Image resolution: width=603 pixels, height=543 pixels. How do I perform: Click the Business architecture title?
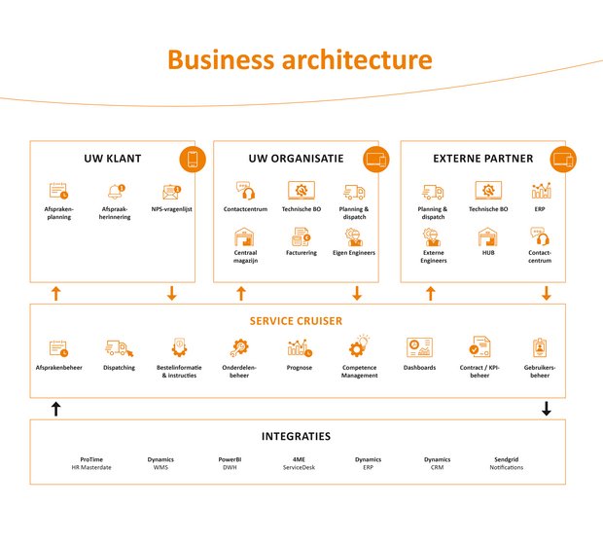pos(300,59)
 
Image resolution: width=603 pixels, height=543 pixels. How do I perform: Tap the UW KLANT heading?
pos(113,159)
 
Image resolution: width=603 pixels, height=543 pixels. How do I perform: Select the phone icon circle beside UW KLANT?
pos(192,159)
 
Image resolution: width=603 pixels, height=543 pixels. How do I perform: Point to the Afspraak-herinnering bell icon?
pos(116,192)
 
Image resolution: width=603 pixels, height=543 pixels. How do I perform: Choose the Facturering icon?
pos(300,236)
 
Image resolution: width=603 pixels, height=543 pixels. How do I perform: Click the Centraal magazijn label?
pos(244,257)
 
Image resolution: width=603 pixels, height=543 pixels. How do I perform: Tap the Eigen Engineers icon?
pos(354,236)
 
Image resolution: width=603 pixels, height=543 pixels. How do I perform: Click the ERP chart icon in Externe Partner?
pos(542,191)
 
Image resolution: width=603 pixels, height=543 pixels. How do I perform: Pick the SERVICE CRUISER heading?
pos(296,320)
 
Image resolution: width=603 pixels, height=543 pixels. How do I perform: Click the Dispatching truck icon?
pos(118,348)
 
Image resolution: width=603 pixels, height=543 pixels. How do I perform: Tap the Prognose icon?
pos(299,347)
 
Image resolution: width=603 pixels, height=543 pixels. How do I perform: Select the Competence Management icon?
pos(359,346)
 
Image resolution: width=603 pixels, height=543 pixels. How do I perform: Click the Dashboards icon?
pos(419,347)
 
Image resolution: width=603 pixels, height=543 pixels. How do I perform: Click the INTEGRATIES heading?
pos(296,436)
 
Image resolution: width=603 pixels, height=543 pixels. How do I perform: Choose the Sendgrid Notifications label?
pos(506,463)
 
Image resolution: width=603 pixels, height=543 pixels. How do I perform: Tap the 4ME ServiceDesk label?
pos(299,463)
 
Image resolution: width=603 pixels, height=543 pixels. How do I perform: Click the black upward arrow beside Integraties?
pos(55,410)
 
